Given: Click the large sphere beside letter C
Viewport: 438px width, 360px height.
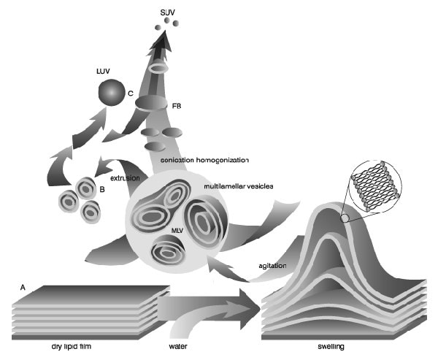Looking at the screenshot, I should click(x=111, y=94).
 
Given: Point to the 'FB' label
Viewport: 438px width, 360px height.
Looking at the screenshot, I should click(x=177, y=107).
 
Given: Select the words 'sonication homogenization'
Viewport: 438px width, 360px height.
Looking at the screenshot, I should click(x=205, y=158).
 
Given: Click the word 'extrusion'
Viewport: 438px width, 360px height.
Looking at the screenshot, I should click(x=125, y=177).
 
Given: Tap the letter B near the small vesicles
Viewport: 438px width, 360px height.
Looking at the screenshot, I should click(x=102, y=189).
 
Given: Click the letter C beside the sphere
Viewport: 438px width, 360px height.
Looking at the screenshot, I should click(x=130, y=94).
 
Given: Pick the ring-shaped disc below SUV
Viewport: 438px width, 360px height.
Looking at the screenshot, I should click(x=159, y=68).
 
